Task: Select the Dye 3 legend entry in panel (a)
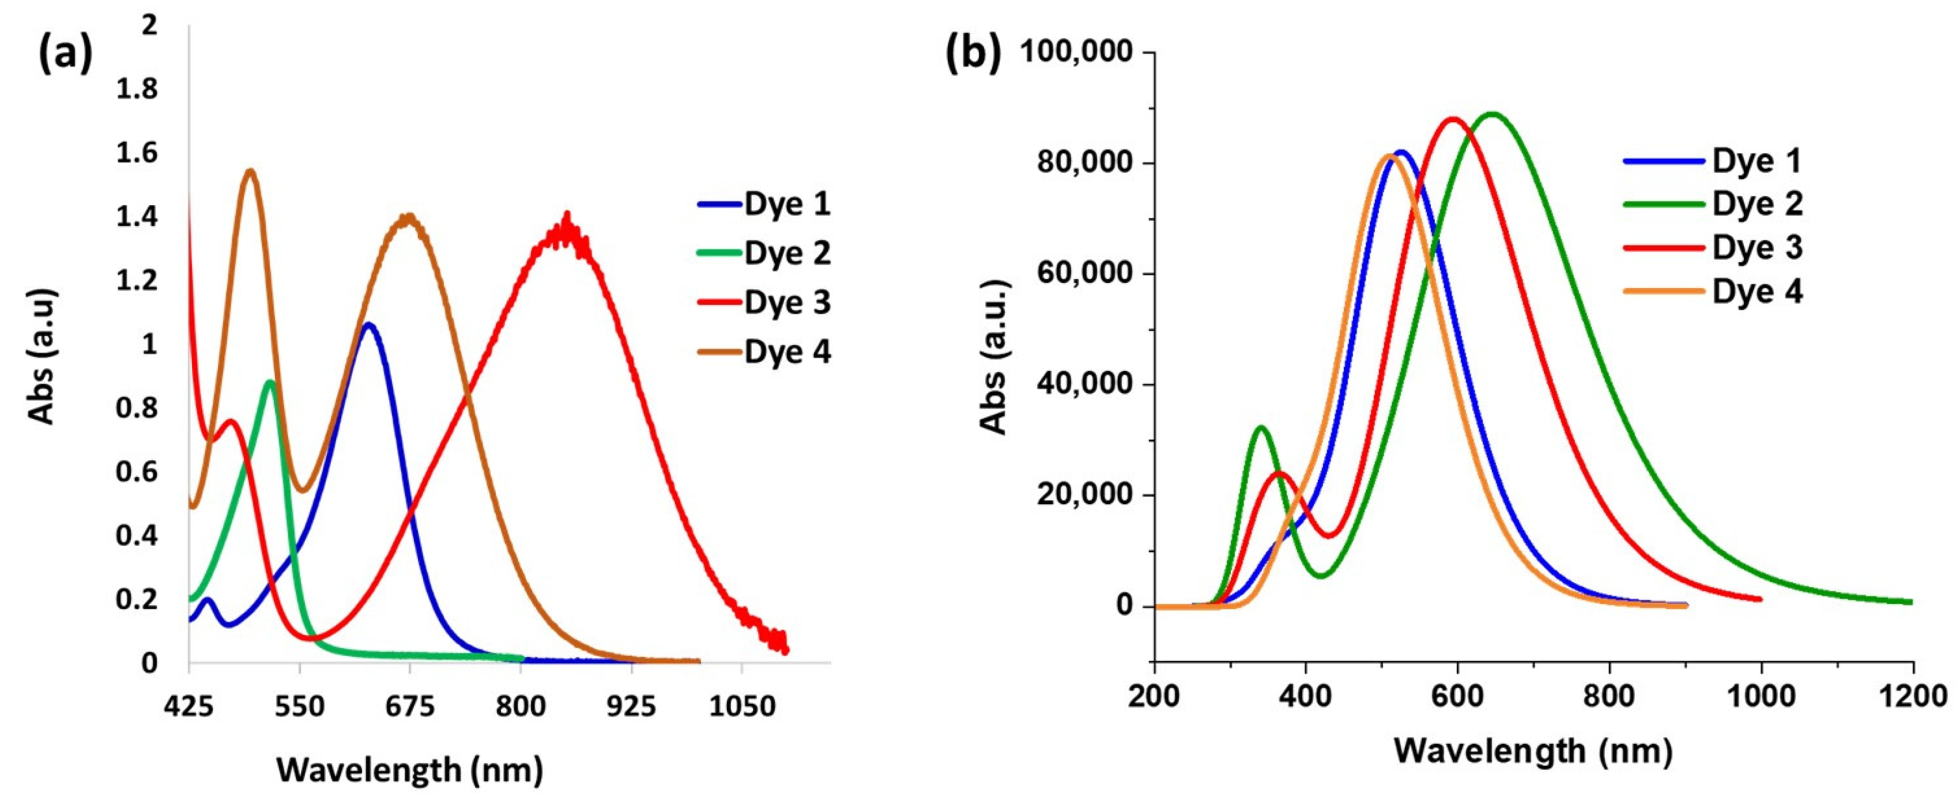tap(787, 302)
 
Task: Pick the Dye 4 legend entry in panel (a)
tap(787, 352)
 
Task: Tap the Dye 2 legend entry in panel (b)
tap(1757, 204)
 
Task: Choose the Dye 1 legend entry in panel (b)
tap(1757, 161)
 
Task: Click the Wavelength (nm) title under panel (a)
tap(409, 770)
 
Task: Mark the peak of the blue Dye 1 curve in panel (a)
tap(369, 324)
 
